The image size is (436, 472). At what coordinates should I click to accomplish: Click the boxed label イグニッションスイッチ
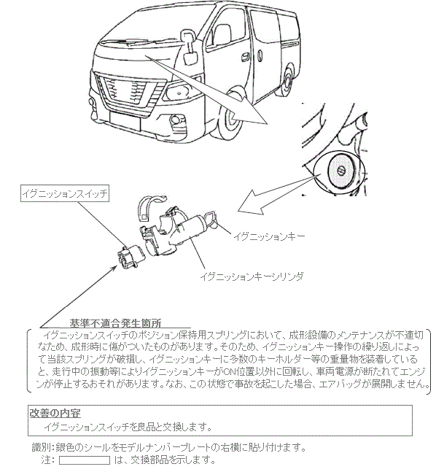coord(65,193)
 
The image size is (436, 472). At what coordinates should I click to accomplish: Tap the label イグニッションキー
coord(269,236)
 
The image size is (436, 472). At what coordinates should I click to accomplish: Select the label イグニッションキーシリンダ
coord(252,276)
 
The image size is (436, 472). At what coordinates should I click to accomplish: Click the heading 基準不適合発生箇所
coord(115,323)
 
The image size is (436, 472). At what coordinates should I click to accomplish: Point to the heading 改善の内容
coord(55,414)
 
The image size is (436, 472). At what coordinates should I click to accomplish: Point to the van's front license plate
coord(125,120)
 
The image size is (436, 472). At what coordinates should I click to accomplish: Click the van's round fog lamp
coord(175,120)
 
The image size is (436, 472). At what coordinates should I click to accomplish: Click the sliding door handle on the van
coord(245,56)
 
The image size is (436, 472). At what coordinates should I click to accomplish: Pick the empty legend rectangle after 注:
coord(85,460)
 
